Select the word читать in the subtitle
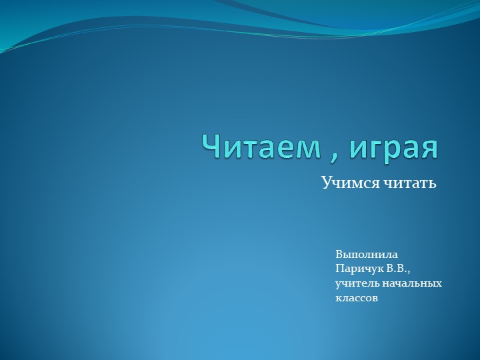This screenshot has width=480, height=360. click(x=409, y=182)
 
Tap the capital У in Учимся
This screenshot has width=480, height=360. click(x=326, y=182)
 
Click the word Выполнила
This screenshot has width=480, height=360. click(x=367, y=255)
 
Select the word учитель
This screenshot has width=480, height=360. click(x=357, y=284)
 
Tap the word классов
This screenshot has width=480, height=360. click(x=357, y=299)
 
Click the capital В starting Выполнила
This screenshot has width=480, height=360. click(x=339, y=255)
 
